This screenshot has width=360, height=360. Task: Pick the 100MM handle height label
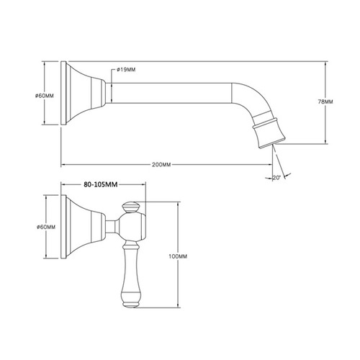point(176,257)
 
